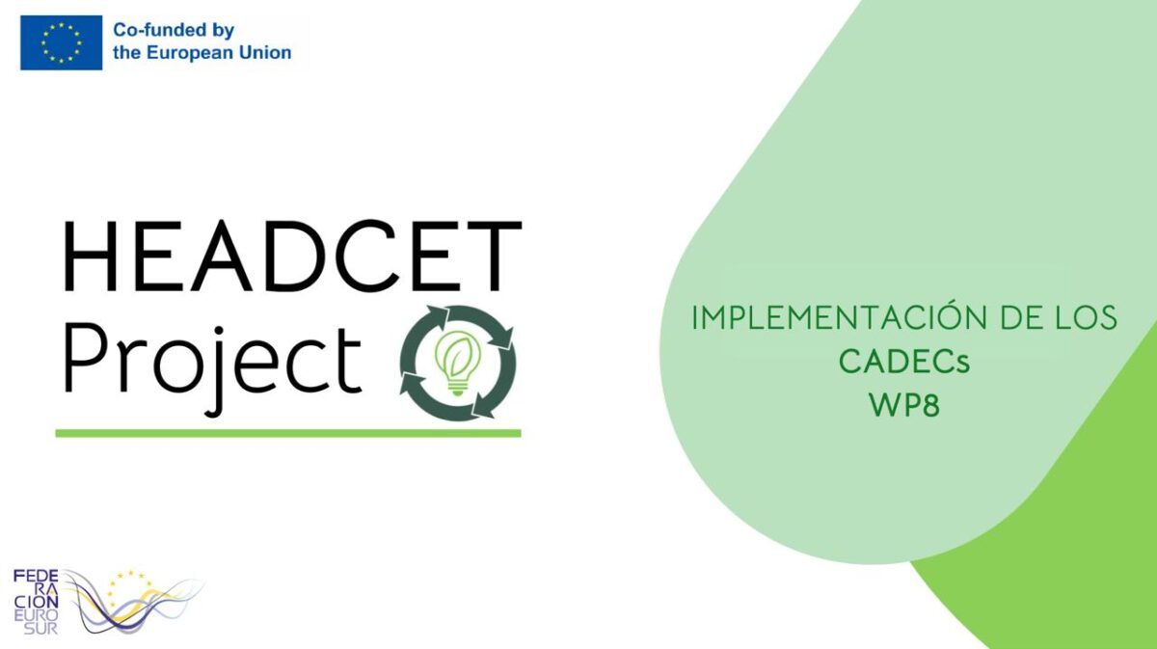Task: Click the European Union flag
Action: coord(61,42)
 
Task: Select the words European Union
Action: coord(219,53)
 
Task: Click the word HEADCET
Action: coord(292,257)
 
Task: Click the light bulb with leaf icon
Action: coord(458,363)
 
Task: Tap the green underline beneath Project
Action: coord(288,433)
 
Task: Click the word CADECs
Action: coord(904,362)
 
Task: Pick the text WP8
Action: coord(904,405)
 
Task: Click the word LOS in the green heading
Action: coord(1087,318)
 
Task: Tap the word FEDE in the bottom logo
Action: coord(36,576)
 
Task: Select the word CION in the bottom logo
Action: coord(37,603)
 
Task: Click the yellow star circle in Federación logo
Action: coord(129,589)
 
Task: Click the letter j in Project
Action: coord(216,372)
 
